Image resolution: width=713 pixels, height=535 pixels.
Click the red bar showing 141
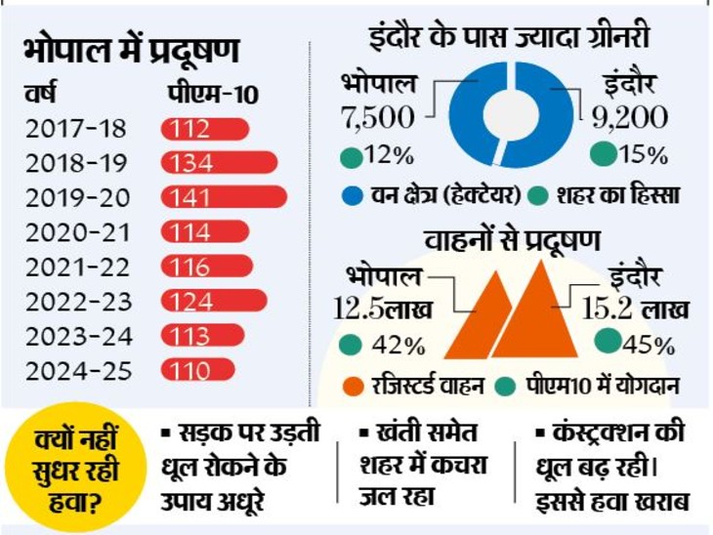(224, 197)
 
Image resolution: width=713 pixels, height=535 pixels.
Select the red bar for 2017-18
(204, 129)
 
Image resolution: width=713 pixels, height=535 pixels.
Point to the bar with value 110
(202, 370)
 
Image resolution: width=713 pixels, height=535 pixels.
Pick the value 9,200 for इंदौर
(630, 118)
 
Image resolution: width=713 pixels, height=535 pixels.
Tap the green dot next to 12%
(349, 155)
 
